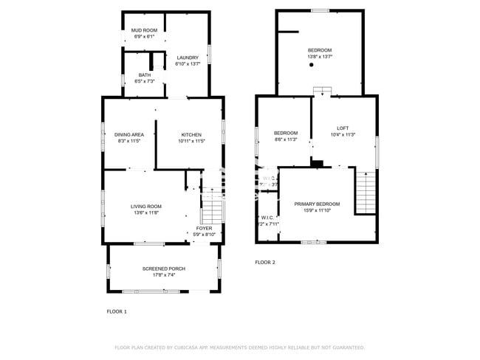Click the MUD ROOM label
coord(145,30)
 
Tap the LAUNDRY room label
coord(188,58)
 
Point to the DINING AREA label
coord(129,134)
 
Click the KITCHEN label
coord(191,134)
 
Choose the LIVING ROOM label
coord(146,207)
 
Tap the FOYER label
coord(204,228)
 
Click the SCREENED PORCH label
coord(164,269)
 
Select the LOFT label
coord(342,128)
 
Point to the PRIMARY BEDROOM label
coord(317,204)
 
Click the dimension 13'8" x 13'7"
coord(320,57)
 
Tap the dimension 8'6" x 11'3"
coord(286,139)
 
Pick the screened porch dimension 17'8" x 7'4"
coord(164,275)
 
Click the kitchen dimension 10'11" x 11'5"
coord(191,141)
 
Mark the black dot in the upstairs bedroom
coord(312,66)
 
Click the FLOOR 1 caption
coord(117,312)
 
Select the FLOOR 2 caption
coord(265,263)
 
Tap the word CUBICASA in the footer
coord(193,347)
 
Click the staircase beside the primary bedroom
coord(366,192)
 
